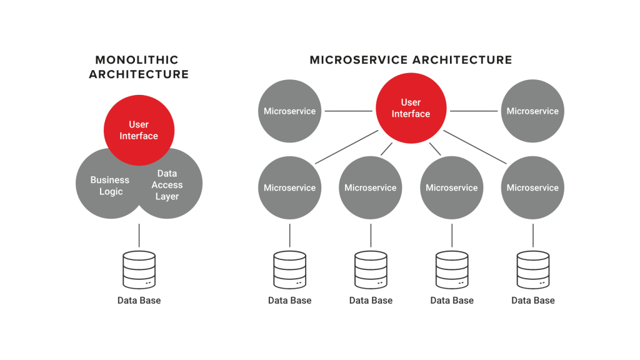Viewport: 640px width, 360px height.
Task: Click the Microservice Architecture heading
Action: (411, 60)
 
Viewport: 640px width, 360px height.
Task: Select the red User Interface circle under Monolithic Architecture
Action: (139, 130)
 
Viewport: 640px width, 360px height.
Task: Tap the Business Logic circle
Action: (106, 186)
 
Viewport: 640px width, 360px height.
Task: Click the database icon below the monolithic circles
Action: (139, 269)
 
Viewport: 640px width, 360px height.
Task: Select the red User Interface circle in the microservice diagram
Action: (411, 108)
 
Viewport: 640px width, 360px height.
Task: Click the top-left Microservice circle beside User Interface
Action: (289, 111)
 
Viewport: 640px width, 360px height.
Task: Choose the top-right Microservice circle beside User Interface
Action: (532, 111)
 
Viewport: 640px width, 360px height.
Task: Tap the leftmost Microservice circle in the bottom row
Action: (289, 187)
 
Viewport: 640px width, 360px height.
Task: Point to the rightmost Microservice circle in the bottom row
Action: (532, 187)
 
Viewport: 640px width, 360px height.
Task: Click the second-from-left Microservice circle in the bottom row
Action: (371, 187)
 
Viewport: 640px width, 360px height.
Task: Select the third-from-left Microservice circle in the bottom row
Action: (451, 187)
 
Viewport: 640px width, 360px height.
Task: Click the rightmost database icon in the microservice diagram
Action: (532, 269)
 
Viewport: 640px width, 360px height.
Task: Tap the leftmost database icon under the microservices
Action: (289, 269)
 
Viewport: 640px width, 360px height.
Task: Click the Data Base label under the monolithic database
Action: (139, 301)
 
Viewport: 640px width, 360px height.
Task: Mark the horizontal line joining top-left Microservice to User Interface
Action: (348, 111)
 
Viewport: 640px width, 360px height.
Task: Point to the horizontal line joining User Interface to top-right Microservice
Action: (474, 111)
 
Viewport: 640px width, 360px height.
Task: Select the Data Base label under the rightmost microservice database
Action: (532, 301)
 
